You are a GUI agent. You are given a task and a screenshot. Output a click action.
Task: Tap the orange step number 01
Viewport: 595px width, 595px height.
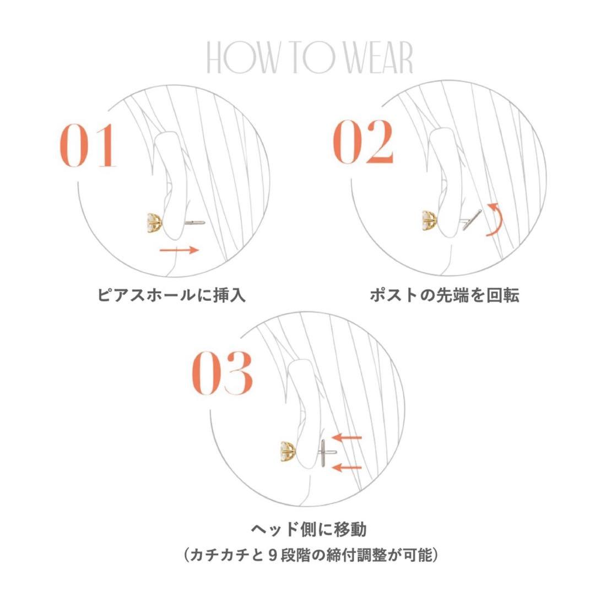[x=88, y=145]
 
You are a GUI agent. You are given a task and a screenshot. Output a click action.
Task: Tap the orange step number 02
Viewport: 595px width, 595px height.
[x=364, y=142]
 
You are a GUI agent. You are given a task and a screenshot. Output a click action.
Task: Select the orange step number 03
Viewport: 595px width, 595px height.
[x=223, y=373]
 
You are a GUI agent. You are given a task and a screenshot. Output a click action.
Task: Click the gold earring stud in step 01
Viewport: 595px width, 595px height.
[x=155, y=223]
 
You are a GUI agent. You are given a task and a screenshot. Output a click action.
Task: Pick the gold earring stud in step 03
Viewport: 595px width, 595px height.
[x=288, y=452]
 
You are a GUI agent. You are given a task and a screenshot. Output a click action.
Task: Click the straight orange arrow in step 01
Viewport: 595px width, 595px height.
[x=179, y=250]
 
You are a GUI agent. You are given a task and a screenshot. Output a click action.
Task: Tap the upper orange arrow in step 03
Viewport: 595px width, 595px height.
[x=347, y=437]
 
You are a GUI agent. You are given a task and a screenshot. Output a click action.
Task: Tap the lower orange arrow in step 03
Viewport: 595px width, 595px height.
[x=347, y=467]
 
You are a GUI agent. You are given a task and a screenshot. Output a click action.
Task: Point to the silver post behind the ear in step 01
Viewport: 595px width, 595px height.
[x=194, y=223]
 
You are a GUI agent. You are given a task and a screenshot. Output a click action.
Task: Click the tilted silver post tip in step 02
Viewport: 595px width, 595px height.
[x=472, y=220]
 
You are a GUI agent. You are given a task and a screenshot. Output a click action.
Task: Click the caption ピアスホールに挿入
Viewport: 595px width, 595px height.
[x=171, y=295]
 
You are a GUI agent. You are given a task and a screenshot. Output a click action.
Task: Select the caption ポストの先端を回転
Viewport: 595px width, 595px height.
[x=445, y=295]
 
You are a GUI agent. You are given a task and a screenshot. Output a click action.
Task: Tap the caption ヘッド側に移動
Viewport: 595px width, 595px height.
[x=309, y=529]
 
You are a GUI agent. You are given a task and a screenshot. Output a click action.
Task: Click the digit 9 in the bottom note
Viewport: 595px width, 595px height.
[x=272, y=556]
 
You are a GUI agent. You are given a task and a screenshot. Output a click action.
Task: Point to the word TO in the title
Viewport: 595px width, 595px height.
[x=316, y=58]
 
